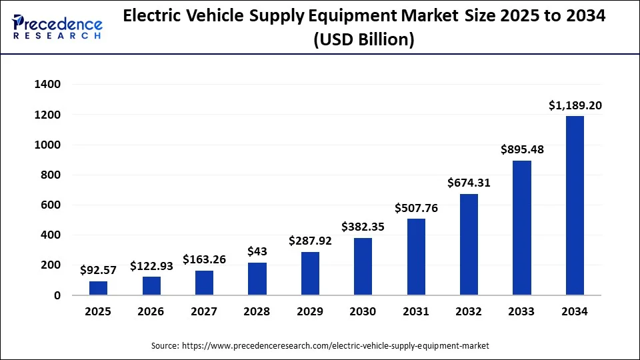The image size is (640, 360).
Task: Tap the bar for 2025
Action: (x=99, y=288)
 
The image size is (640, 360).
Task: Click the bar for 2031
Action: (x=416, y=257)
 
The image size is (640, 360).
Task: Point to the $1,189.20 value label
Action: (x=575, y=105)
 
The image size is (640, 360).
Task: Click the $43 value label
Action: (x=257, y=252)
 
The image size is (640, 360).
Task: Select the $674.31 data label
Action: (x=469, y=183)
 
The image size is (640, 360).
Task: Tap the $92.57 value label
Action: (x=99, y=270)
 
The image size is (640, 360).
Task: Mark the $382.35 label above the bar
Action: (x=363, y=227)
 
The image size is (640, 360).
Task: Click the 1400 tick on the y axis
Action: (x=47, y=85)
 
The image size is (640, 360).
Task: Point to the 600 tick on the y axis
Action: (x=51, y=205)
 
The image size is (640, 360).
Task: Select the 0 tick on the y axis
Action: (x=57, y=295)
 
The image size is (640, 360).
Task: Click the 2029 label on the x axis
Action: (x=310, y=311)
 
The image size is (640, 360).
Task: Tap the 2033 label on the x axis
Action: (x=522, y=311)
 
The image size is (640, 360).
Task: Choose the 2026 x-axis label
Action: (x=151, y=311)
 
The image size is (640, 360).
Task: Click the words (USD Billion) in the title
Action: (x=363, y=40)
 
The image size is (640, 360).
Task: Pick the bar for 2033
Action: (x=522, y=228)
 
